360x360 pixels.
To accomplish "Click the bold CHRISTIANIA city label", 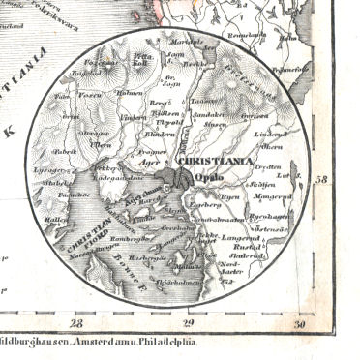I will (x=225, y=163).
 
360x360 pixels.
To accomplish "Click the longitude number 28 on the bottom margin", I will (x=77, y=323).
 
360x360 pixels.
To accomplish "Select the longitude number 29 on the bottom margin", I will (x=189, y=323).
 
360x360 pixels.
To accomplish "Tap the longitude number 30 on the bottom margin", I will (x=300, y=323).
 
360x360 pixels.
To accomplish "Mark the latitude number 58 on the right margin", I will (x=320, y=178).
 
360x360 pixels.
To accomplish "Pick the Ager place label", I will (x=151, y=164).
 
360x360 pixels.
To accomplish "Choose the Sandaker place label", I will (x=210, y=114).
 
